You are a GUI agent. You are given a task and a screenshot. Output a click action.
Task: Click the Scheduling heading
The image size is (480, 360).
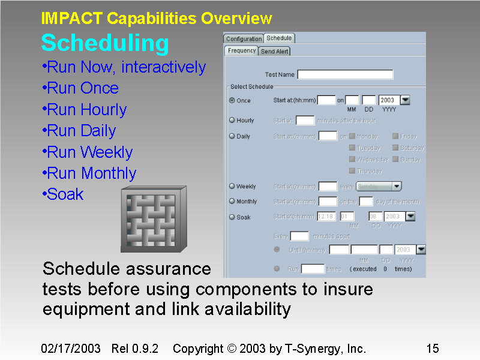click(x=105, y=44)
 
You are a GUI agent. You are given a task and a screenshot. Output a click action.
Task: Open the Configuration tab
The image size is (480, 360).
click(x=244, y=38)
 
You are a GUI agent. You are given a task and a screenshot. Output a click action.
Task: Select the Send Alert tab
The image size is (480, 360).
click(x=274, y=51)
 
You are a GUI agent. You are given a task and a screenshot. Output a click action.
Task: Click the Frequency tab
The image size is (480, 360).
click(x=242, y=51)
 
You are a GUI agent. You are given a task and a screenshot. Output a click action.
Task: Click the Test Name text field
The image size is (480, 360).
click(x=345, y=75)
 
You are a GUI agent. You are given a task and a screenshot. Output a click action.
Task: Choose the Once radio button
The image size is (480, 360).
click(x=232, y=101)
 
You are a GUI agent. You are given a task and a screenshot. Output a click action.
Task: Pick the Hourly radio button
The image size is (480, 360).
click(x=232, y=120)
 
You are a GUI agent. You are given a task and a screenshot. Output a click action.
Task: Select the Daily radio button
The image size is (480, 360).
click(x=232, y=136)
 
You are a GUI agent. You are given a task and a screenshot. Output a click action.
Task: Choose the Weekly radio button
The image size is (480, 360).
click(x=232, y=187)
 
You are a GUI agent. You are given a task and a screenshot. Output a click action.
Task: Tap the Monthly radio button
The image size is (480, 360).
click(x=232, y=201)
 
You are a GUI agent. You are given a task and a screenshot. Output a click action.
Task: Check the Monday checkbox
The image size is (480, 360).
click(x=352, y=136)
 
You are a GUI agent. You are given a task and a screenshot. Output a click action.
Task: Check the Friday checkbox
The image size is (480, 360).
click(x=395, y=136)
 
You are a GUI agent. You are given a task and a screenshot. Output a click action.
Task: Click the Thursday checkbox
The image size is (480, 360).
click(x=352, y=171)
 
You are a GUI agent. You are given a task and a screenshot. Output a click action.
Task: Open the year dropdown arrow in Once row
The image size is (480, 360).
click(x=405, y=100)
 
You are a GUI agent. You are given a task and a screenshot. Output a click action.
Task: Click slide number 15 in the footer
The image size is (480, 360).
click(x=432, y=349)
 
